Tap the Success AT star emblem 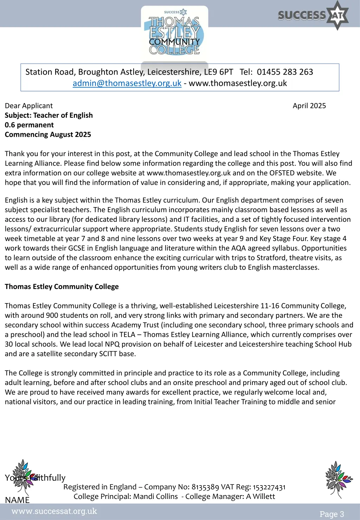(x=338, y=15)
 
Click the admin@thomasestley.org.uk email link (x=127, y=83)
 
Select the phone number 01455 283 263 (x=285, y=72)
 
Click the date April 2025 (x=309, y=106)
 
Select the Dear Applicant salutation (x=29, y=106)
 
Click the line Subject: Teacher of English (x=49, y=115)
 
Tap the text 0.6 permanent (x=29, y=125)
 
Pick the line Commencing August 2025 (x=48, y=135)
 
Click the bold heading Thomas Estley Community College (x=62, y=287)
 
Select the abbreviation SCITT (x=108, y=354)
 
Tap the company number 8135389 (x=205, y=487)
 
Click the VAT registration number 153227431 (x=269, y=487)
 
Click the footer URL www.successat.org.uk (x=54, y=511)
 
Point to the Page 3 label (x=332, y=514)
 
